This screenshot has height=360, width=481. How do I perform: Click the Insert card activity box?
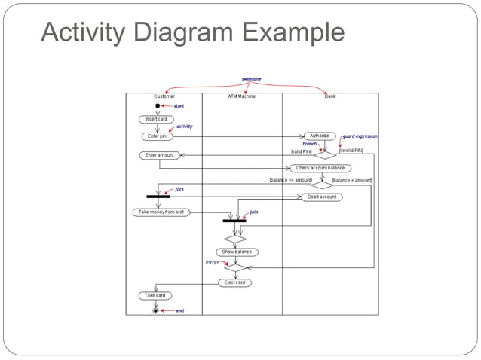pos(157,119)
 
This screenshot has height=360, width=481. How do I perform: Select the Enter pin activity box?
pos(157,136)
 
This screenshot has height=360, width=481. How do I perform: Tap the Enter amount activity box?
pos(159,155)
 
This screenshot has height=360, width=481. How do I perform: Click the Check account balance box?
pos(320,168)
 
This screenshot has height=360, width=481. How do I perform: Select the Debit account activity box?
pos(322,197)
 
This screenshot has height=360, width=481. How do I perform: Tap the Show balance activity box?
pos(236,252)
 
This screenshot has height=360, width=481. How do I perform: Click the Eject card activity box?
pos(235,282)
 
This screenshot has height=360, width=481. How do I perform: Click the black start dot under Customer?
pos(158,106)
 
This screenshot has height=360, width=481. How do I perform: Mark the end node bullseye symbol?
pos(156,310)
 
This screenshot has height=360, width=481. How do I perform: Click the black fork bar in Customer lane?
pos(158,197)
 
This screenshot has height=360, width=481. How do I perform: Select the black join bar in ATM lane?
pos(234,221)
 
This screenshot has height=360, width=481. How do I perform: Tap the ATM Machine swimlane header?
pos(241,97)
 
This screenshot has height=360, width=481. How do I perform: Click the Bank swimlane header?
pos(330,97)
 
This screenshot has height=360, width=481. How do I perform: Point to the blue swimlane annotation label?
pos(252,78)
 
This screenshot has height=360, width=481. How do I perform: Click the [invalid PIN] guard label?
pos(351,151)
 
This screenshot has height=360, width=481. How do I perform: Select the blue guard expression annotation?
pos(360,136)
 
